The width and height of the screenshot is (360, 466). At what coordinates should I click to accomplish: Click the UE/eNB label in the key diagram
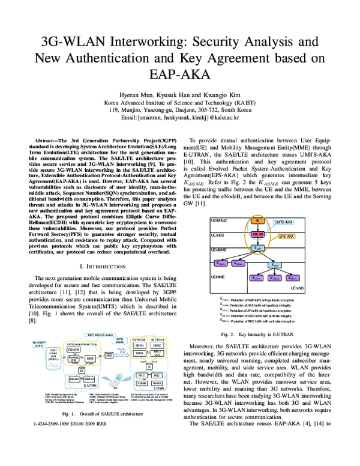[x=297, y=288]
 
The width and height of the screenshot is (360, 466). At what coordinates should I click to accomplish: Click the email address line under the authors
[x=179, y=118]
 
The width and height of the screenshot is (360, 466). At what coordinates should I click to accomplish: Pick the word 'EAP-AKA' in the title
[x=180, y=74]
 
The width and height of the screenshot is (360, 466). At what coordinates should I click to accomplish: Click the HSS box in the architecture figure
[x=109, y=356]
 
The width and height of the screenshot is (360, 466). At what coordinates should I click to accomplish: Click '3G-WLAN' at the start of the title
[x=80, y=41]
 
